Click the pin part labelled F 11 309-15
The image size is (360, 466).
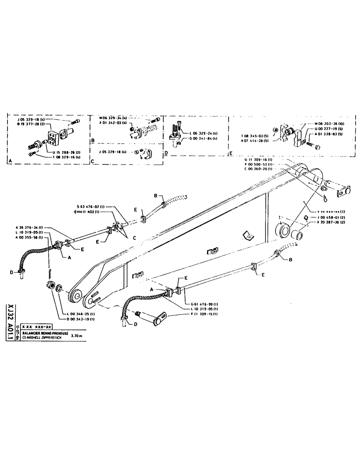click(x=158, y=319)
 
